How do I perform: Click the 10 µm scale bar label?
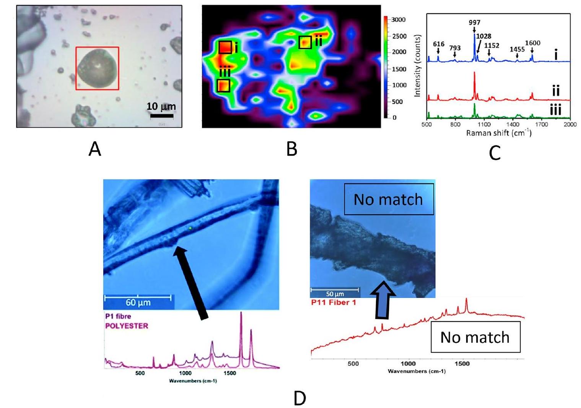pos(161,106)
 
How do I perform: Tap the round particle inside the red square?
pos(96,68)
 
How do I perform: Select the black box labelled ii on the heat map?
pos(305,42)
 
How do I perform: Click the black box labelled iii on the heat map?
pos(223,86)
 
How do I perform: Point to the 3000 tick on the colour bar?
pos(398,20)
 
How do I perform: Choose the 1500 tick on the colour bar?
pos(398,69)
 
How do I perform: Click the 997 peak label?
pos(474,23)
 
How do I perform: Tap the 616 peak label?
pos(438,44)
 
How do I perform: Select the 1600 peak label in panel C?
pos(532,43)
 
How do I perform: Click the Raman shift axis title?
pos(498,133)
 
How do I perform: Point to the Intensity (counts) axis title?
pos(417,65)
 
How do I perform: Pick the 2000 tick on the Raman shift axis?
pos(570,124)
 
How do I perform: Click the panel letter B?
pos(292,149)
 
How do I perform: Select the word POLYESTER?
pos(126,326)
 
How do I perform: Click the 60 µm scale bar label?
pos(138,302)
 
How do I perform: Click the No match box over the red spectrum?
pos(475,337)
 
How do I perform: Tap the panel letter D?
pos(300,398)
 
